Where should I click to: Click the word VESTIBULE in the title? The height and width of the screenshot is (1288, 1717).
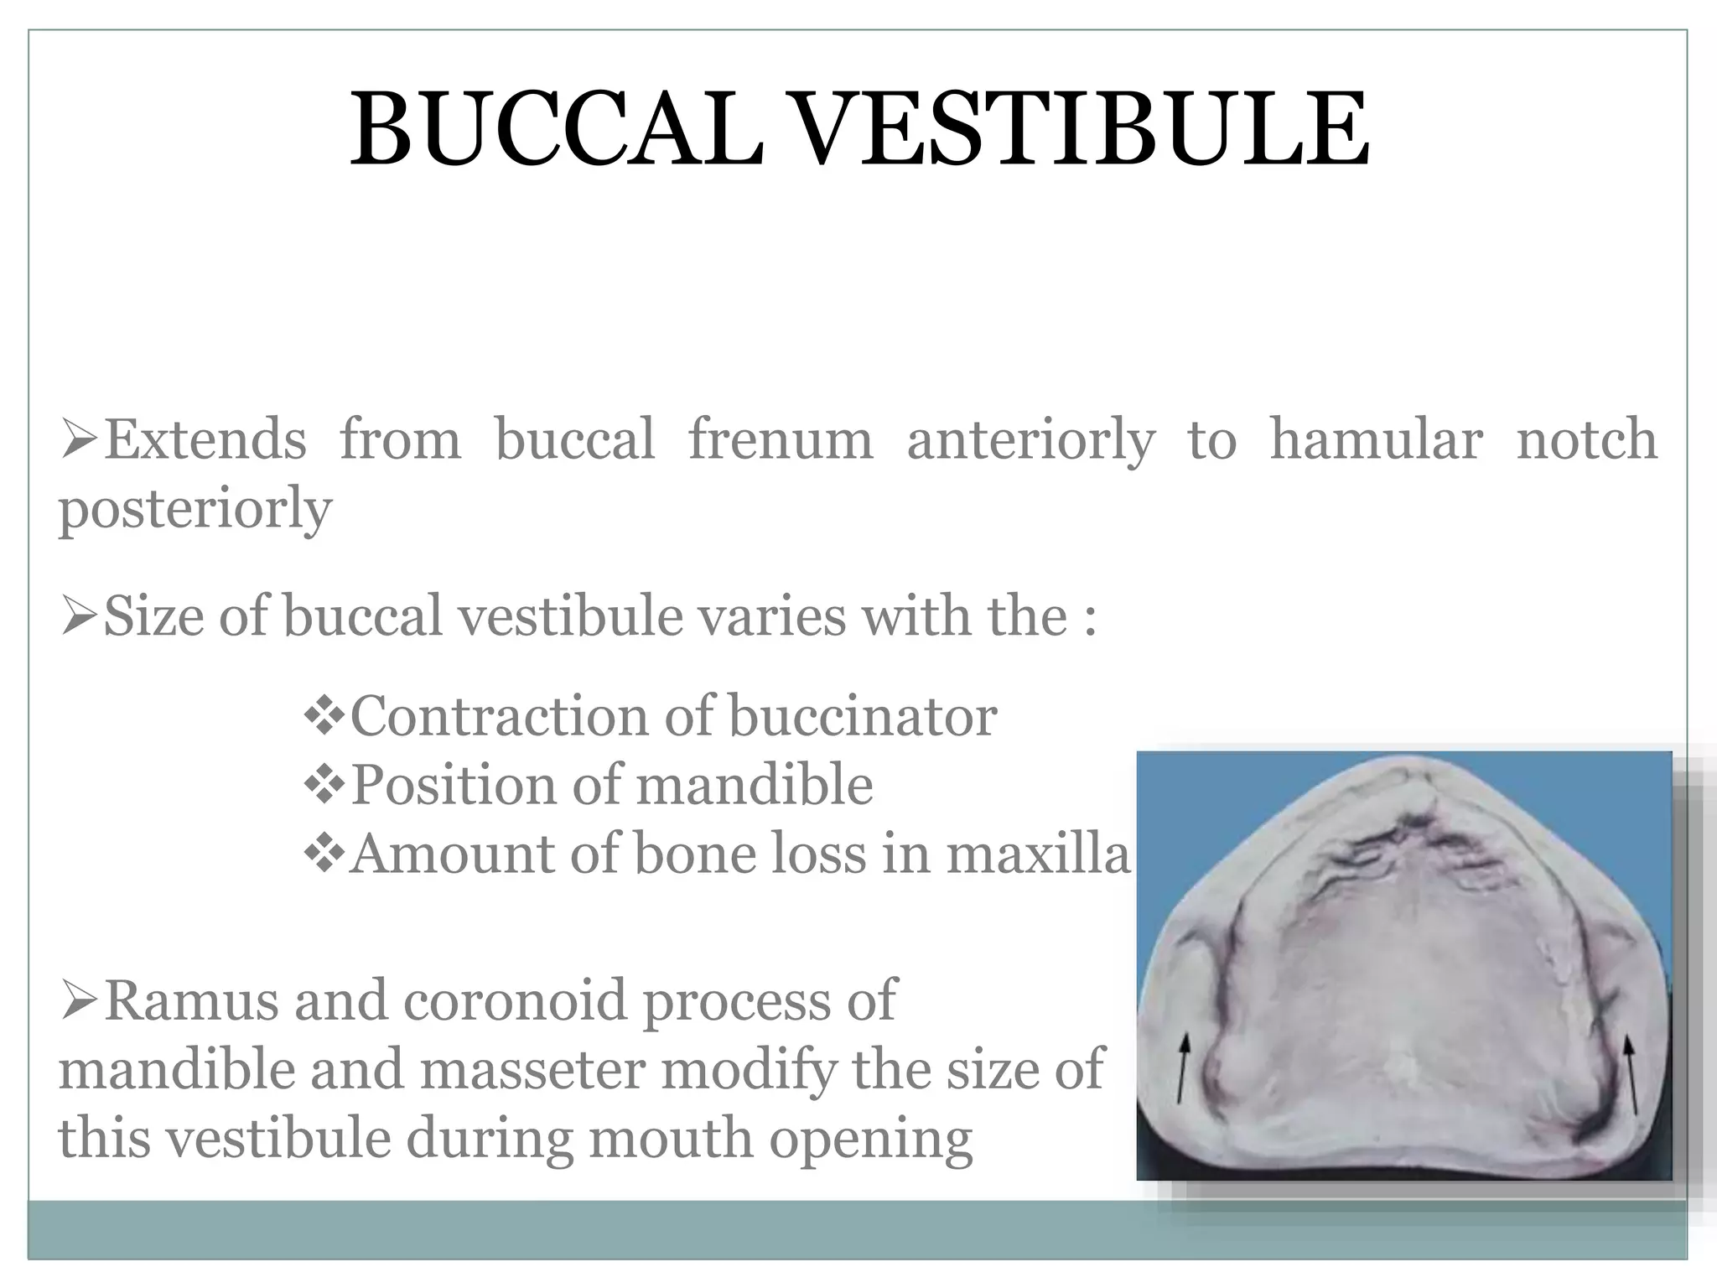(1081, 130)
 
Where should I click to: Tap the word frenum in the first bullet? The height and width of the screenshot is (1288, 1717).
(780, 439)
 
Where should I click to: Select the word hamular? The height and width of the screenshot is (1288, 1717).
(1375, 439)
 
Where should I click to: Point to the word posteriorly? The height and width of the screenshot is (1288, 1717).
(195, 510)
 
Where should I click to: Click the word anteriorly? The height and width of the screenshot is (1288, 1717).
(1030, 441)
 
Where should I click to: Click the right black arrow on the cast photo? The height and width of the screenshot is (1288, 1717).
(1631, 1073)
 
